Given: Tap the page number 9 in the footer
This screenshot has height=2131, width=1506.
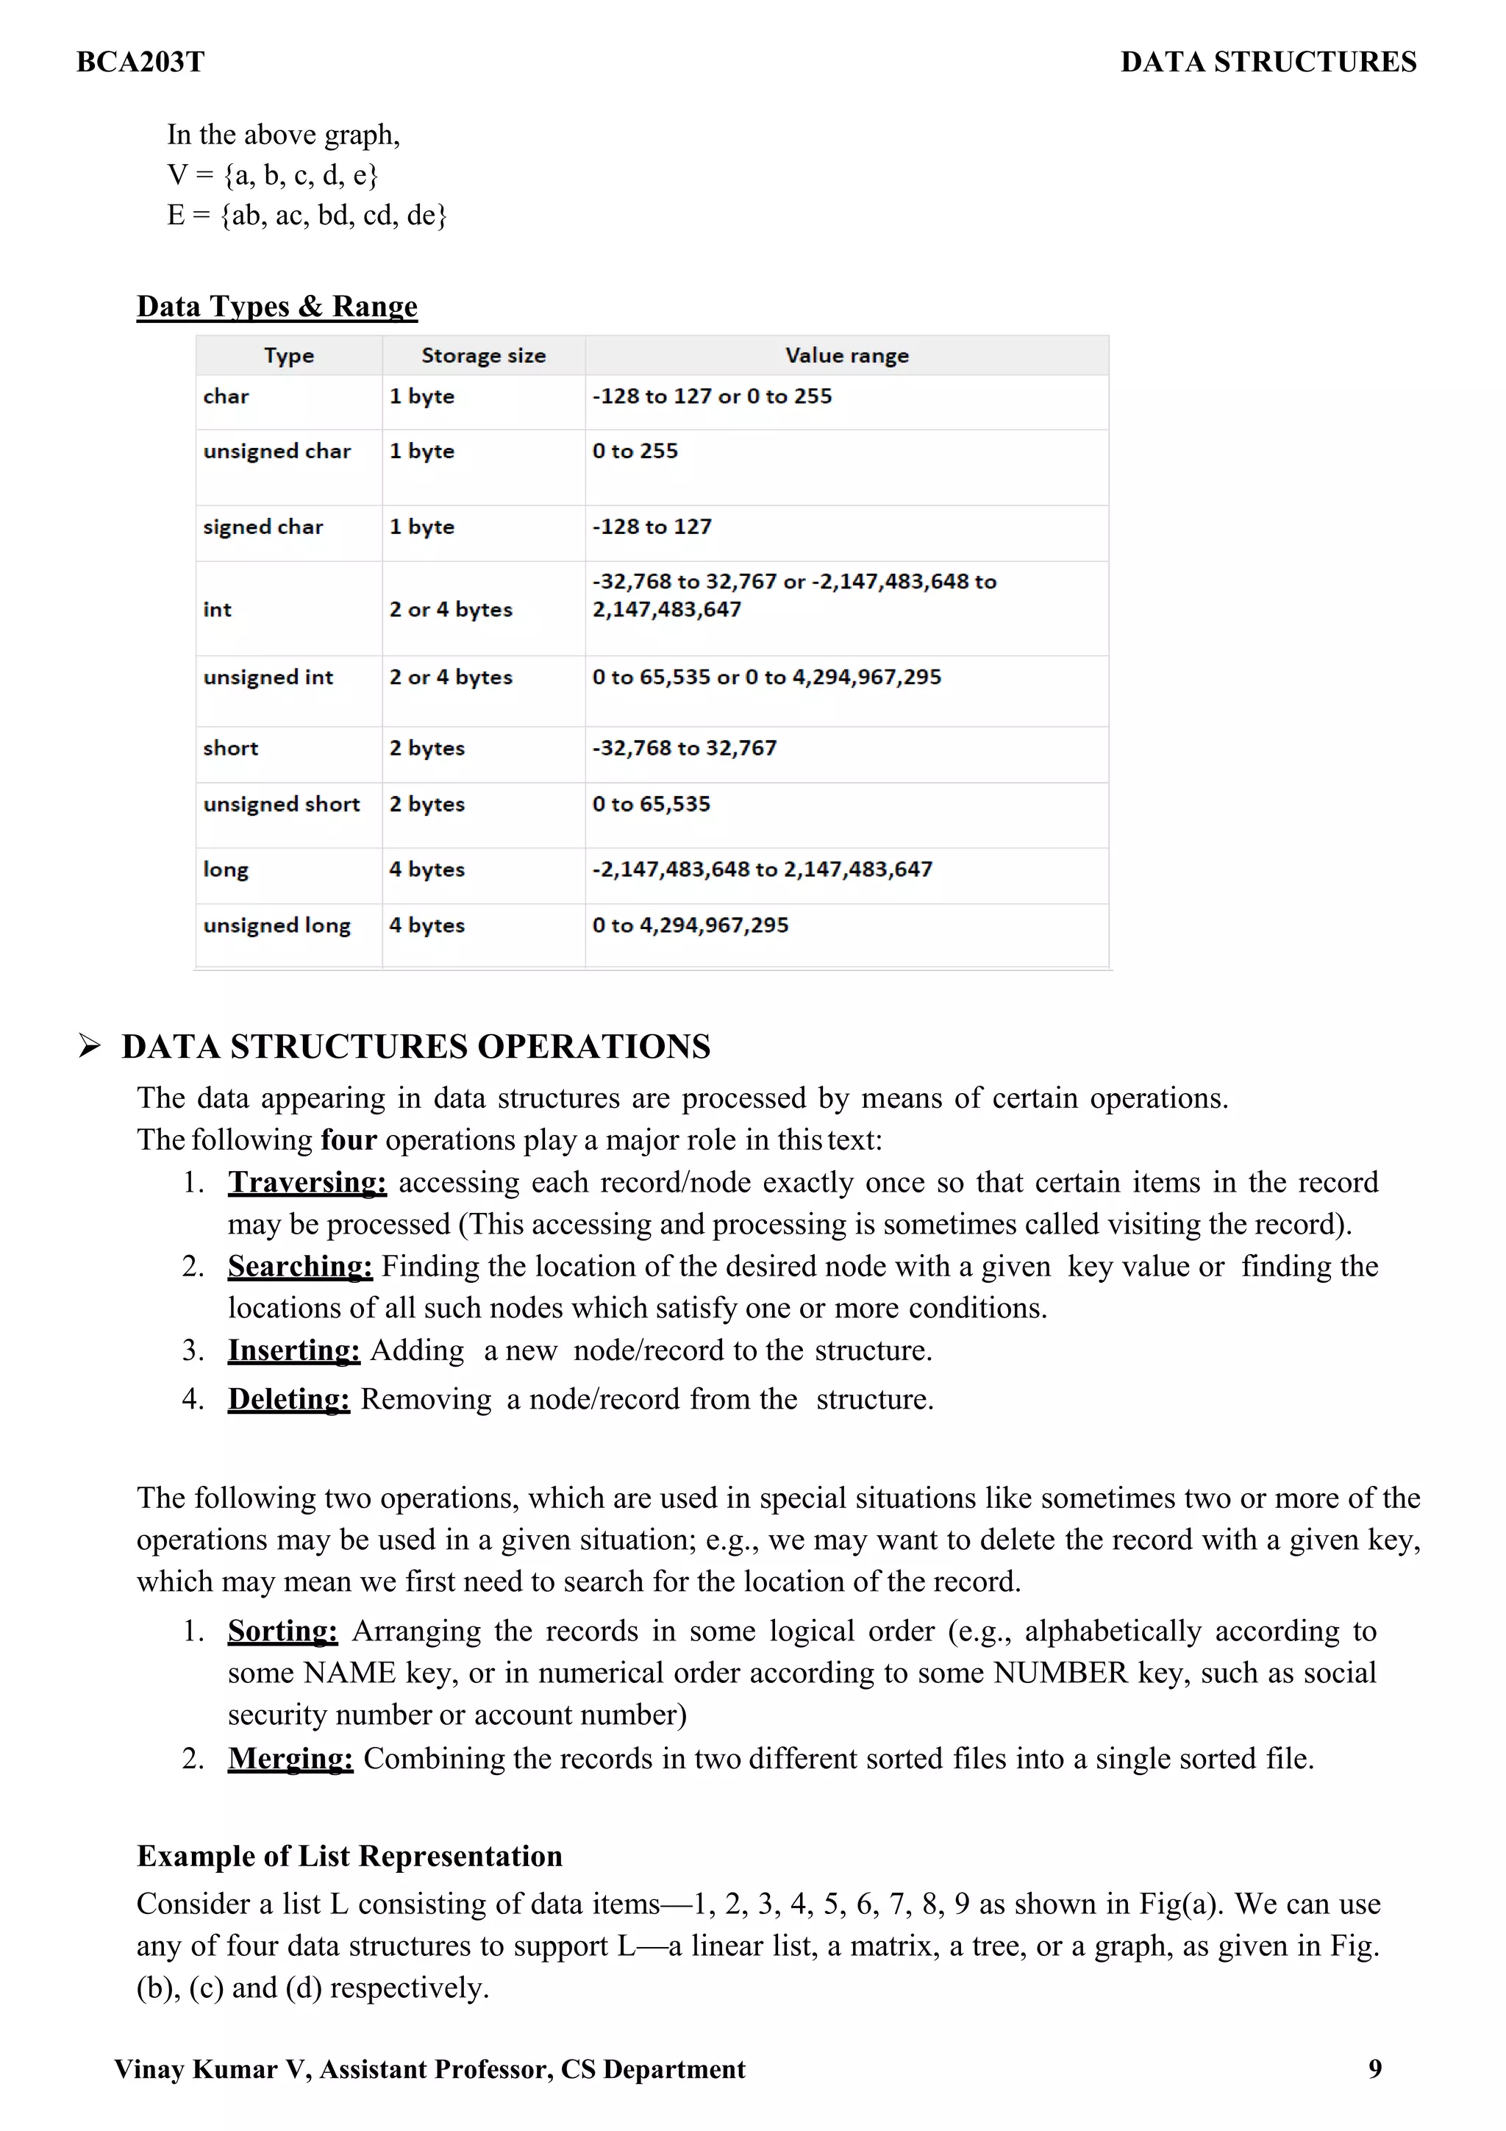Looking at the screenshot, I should click(x=1374, y=2068).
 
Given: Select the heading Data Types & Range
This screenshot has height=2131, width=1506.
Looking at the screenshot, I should click(x=276, y=306).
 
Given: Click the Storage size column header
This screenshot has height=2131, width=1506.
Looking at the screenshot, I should click(x=482, y=355).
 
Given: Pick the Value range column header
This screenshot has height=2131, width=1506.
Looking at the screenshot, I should click(x=846, y=355).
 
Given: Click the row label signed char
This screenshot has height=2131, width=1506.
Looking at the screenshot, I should click(x=263, y=527).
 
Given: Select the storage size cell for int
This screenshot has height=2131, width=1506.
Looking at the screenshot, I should click(x=451, y=610).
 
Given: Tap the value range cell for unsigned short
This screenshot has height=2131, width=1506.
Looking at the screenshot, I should click(x=652, y=804).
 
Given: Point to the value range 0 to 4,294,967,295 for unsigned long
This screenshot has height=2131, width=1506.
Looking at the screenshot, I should click(x=690, y=925).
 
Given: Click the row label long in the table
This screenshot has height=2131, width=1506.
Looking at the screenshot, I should click(x=226, y=869).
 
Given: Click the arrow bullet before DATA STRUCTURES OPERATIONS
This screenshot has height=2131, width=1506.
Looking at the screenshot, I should click(x=89, y=1047).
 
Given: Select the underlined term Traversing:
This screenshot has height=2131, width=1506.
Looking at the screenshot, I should click(x=307, y=1182).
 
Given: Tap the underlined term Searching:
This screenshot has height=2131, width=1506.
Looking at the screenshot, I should click(x=300, y=1266).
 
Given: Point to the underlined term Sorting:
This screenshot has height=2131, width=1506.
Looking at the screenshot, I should click(x=282, y=1631).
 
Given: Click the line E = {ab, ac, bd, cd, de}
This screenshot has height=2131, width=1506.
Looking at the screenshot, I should click(x=306, y=216).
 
